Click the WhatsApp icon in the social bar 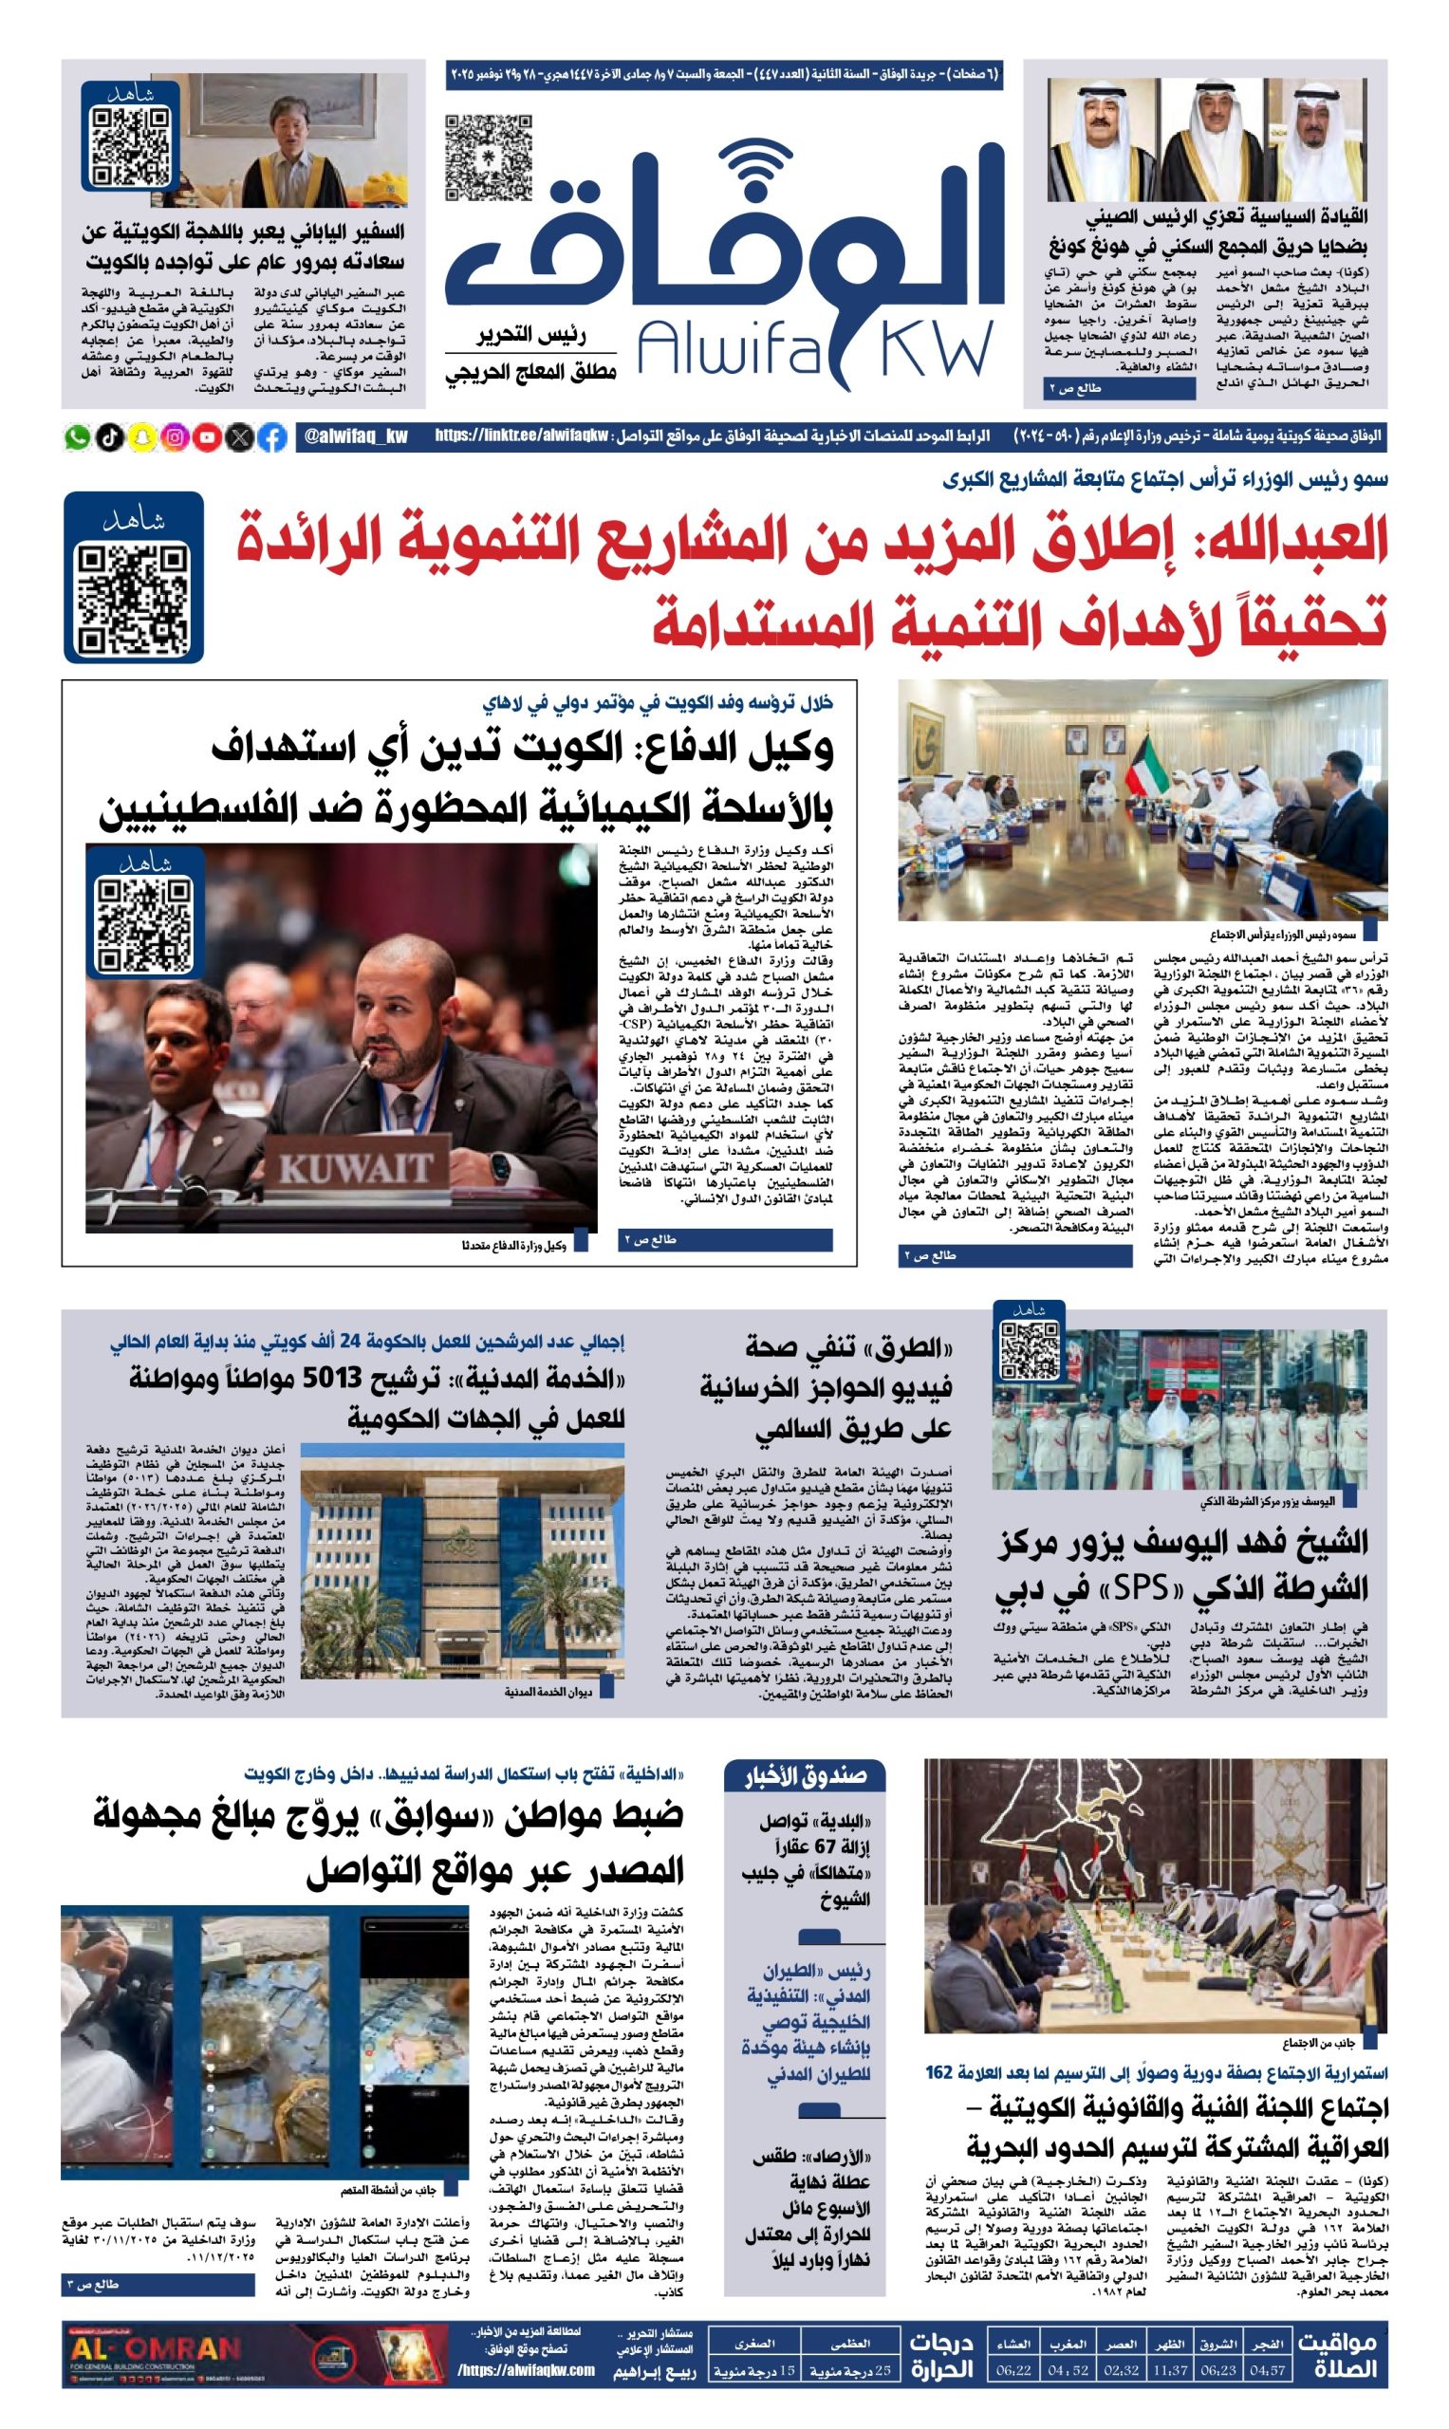(x=77, y=437)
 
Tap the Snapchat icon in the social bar (x=142, y=437)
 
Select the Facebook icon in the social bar (x=273, y=437)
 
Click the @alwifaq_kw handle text (x=356, y=436)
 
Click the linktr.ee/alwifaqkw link (x=523, y=436)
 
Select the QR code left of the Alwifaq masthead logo (x=488, y=158)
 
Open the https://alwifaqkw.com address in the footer (x=527, y=2369)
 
